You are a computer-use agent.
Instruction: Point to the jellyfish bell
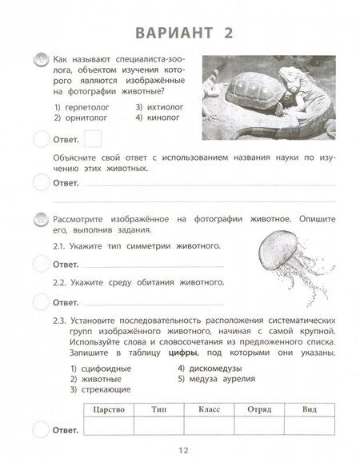276,240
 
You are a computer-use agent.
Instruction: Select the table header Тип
158,408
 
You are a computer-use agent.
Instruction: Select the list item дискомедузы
213,368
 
